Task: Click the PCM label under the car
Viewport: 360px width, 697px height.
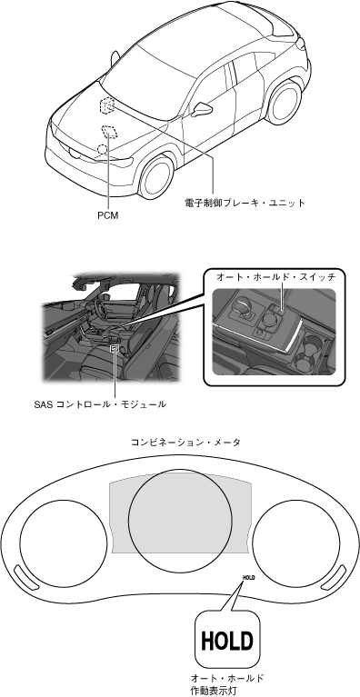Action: pyautogui.click(x=108, y=216)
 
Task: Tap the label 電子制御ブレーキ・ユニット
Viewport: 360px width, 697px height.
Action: pyautogui.click(x=245, y=204)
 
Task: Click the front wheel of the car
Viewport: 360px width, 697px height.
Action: pyautogui.click(x=156, y=176)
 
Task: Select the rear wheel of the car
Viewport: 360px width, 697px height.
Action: pyautogui.click(x=285, y=102)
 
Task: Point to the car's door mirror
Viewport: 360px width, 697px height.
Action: pyautogui.click(x=202, y=109)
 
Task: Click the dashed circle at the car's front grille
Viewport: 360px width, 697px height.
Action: pyautogui.click(x=102, y=150)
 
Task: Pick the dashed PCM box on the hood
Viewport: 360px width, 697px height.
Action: pyautogui.click(x=109, y=131)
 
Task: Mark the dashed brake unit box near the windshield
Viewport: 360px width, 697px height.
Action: pyautogui.click(x=106, y=105)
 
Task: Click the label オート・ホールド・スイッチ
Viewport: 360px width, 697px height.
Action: pyautogui.click(x=275, y=277)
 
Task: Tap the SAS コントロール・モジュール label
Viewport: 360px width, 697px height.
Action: pyautogui.click(x=100, y=404)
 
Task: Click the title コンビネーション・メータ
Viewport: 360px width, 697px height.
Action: pyautogui.click(x=185, y=443)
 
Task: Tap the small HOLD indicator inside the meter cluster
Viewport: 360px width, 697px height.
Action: pyautogui.click(x=248, y=577)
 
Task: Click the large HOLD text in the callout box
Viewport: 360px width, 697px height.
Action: pyautogui.click(x=227, y=641)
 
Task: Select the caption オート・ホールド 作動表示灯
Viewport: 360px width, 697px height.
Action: pyautogui.click(x=226, y=684)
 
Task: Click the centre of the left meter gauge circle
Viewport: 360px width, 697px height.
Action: pyautogui.click(x=64, y=543)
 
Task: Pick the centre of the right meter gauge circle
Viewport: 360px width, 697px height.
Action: pyautogui.click(x=296, y=543)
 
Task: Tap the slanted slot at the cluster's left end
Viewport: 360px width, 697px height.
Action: pyautogui.click(x=26, y=576)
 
